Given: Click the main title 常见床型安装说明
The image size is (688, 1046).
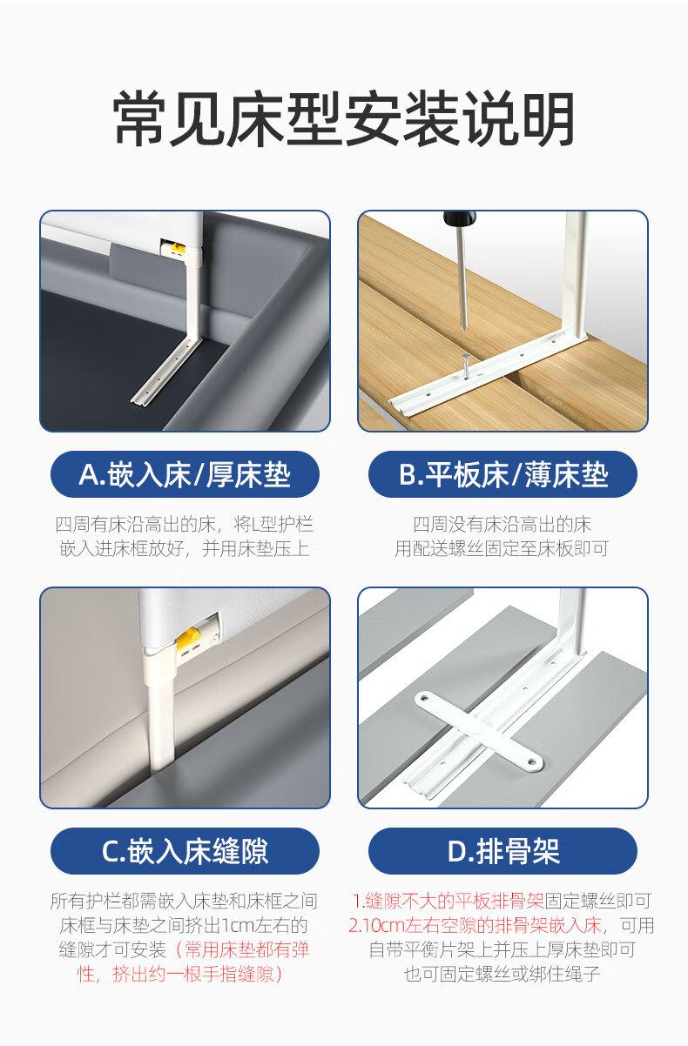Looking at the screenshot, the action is [344, 118].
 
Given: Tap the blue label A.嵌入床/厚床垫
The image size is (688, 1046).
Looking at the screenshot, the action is [185, 474].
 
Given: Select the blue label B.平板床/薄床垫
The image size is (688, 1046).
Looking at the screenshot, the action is [503, 474].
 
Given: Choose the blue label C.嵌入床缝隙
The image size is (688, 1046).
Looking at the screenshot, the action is [185, 851].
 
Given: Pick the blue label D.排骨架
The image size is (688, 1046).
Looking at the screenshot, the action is [503, 851].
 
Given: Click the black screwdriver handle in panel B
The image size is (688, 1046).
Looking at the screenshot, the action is [460, 218].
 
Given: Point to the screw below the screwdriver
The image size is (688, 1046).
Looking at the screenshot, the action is [466, 363].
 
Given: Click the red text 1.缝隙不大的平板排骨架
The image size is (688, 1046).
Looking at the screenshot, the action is [449, 902].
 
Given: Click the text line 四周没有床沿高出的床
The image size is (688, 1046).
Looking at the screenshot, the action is [503, 525].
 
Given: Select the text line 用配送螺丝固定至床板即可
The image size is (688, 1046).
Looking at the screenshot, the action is [502, 549].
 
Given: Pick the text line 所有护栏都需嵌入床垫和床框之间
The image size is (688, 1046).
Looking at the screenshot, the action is [184, 902].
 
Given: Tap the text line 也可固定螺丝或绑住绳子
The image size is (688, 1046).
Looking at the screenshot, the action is [502, 974].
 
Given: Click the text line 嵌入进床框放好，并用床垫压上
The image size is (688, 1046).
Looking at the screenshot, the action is [185, 549].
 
